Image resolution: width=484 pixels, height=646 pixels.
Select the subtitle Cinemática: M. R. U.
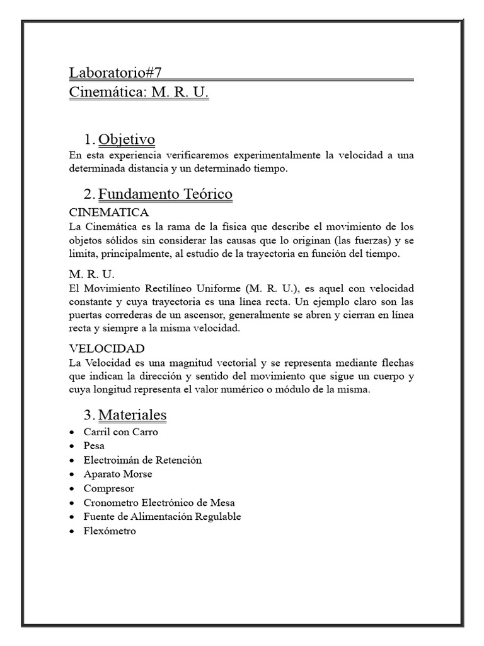(139, 93)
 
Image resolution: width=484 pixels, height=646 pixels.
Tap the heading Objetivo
(127, 139)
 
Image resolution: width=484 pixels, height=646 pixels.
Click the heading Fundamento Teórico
(165, 194)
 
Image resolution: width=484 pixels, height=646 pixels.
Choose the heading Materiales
(132, 414)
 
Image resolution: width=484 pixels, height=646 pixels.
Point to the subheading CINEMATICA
(109, 212)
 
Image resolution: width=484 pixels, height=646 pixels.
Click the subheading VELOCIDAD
(107, 348)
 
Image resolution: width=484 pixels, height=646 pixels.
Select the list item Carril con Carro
(120, 432)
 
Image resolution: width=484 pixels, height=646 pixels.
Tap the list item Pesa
(94, 446)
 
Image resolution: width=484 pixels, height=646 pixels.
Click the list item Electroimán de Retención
(142, 460)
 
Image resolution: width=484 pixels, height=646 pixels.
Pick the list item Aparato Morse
(118, 474)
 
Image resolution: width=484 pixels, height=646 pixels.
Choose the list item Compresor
(108, 488)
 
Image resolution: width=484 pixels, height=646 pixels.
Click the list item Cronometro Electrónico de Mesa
(159, 503)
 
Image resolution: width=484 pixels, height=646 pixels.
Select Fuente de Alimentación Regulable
(162, 517)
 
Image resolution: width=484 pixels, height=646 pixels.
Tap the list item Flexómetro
(109, 531)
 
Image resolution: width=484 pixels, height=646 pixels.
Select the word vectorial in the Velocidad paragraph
(233, 363)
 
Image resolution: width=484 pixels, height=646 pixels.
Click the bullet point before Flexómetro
(72, 531)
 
